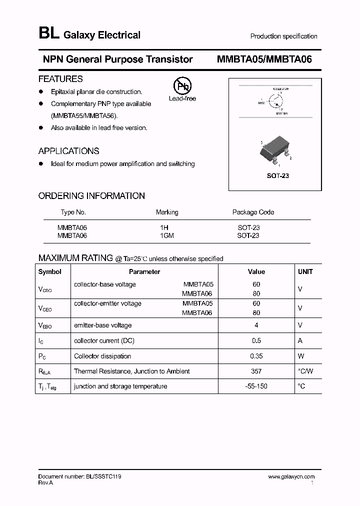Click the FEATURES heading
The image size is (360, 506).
coord(60,79)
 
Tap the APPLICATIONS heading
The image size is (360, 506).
coord(69,151)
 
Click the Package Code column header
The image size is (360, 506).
coord(253,212)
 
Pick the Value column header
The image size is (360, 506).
coord(256,272)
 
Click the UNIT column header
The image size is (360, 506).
coord(305,272)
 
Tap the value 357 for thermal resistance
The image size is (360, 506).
coord(256,371)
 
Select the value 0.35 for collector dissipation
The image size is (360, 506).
coord(256,356)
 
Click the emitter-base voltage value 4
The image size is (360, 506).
coord(256,325)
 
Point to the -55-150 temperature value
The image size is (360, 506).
coord(256,386)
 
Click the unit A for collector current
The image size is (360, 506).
coord(300,340)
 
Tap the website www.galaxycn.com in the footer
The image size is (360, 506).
coord(291,477)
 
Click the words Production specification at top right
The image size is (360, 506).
coord(283,36)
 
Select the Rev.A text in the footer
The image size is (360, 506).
coord(45,483)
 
